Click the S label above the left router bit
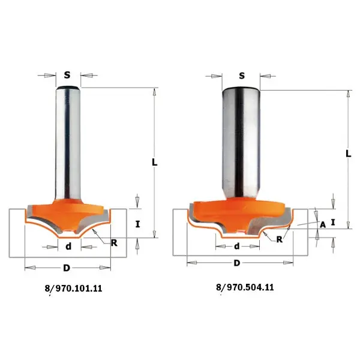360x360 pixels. click(x=67, y=75)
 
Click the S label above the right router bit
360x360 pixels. click(x=242, y=76)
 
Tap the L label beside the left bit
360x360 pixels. click(x=155, y=163)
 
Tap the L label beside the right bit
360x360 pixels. click(x=349, y=154)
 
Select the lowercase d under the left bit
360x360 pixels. click(x=68, y=247)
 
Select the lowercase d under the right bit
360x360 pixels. click(x=237, y=246)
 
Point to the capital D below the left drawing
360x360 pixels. click(x=67, y=268)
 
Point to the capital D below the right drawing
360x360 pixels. click(x=237, y=263)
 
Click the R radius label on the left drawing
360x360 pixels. click(x=114, y=242)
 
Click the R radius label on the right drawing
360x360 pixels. click(x=280, y=239)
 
